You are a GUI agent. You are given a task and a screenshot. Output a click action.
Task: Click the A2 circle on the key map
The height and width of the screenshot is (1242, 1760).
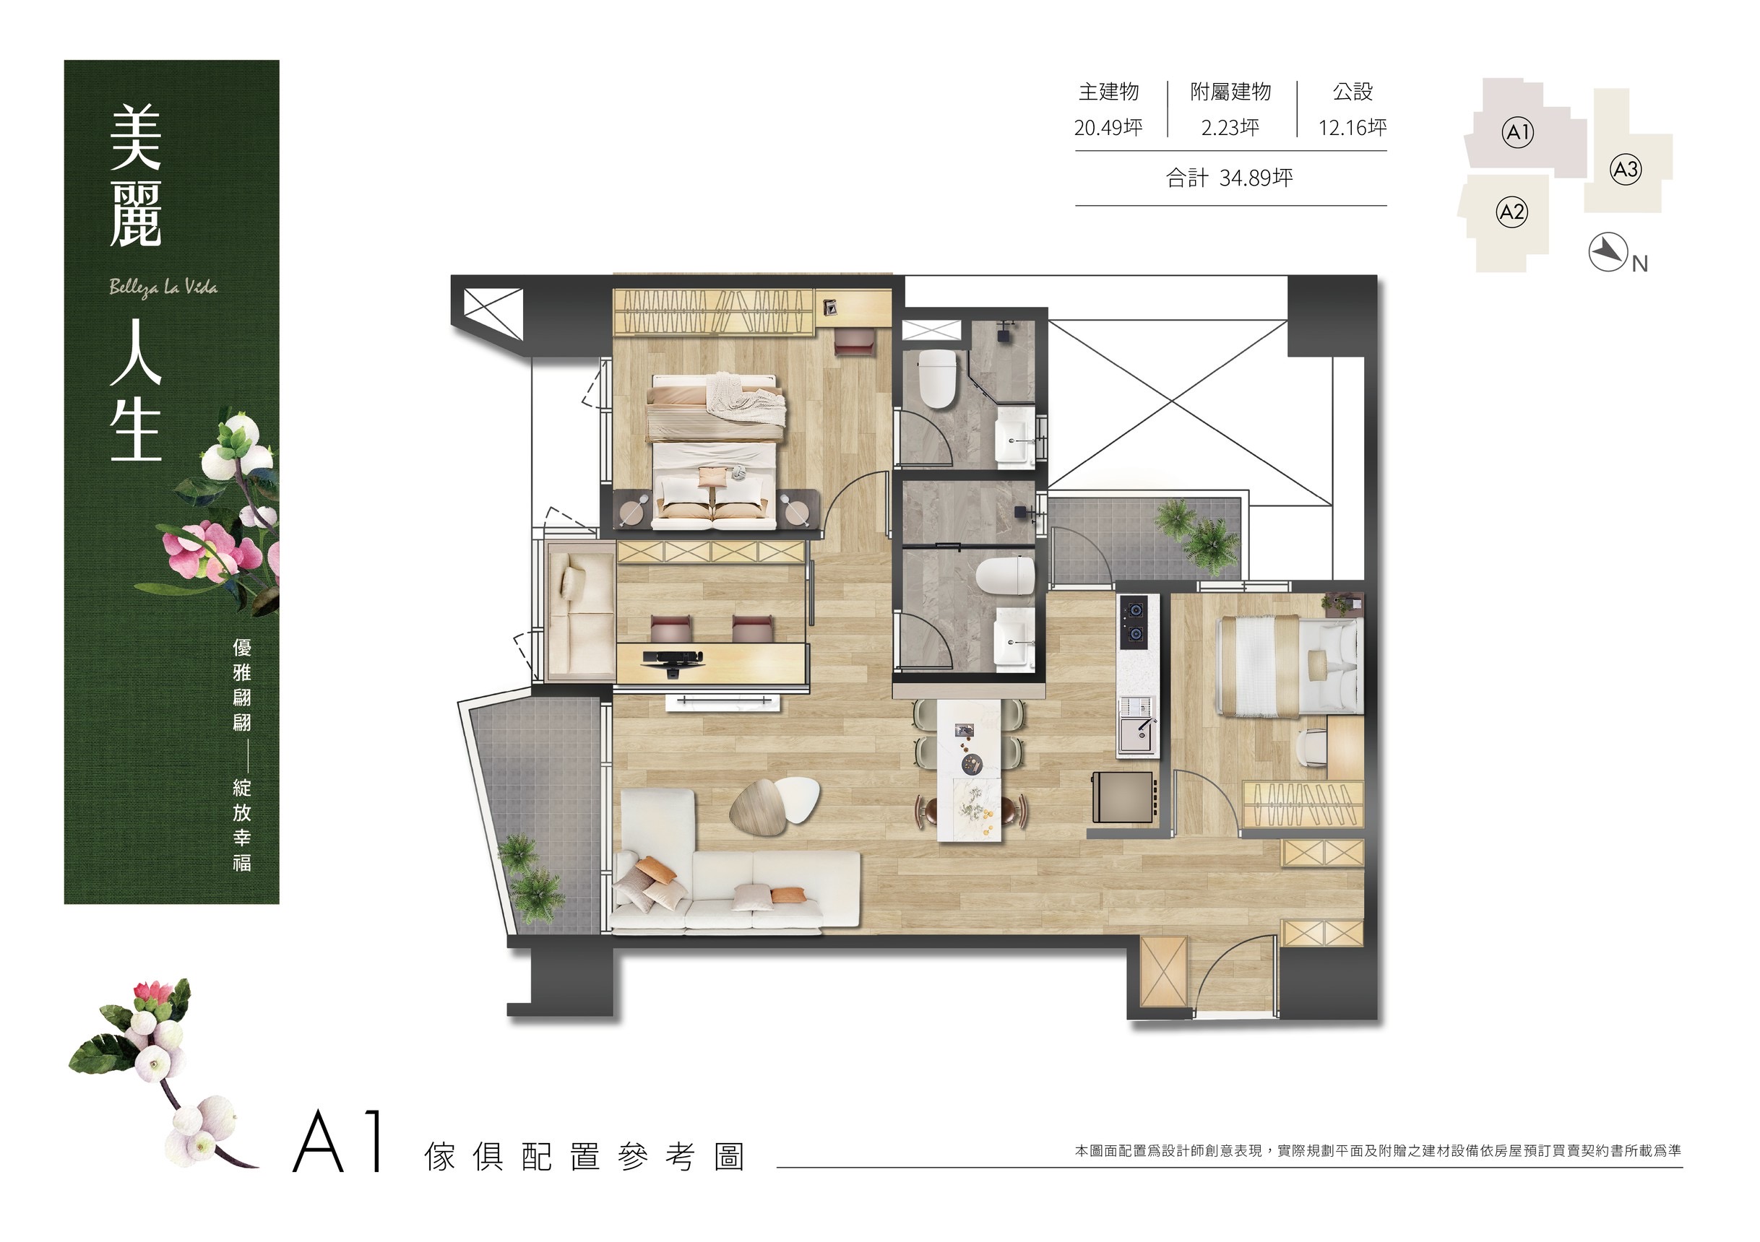coord(1511,212)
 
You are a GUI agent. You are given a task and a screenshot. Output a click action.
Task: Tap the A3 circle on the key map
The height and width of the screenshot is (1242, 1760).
coord(1626,168)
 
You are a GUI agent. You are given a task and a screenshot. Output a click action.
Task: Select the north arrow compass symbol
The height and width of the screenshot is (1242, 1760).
coord(1608,251)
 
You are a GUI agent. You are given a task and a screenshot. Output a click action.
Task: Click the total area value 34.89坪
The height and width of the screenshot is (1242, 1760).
coord(1256,178)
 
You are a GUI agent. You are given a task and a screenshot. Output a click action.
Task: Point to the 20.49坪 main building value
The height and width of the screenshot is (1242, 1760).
coord(1108,127)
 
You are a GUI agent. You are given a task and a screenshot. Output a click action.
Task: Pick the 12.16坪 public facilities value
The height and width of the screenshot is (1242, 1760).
coord(1353,127)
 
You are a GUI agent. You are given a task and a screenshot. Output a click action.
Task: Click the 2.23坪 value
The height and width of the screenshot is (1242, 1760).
coord(1230,127)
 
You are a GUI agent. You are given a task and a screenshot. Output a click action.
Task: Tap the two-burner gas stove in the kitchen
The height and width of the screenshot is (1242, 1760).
coord(1134,622)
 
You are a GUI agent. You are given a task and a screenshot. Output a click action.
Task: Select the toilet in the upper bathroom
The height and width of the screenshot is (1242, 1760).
coord(937,378)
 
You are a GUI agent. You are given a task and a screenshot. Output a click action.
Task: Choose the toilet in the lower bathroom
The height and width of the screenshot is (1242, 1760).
coord(1006,575)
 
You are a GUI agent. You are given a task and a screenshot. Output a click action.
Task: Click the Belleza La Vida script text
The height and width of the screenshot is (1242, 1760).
coord(163,288)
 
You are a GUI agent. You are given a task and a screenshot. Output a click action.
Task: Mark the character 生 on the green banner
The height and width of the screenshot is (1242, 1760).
coord(136,433)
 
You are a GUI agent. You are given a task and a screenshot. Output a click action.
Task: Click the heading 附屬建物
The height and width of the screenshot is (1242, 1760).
coord(1230,92)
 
